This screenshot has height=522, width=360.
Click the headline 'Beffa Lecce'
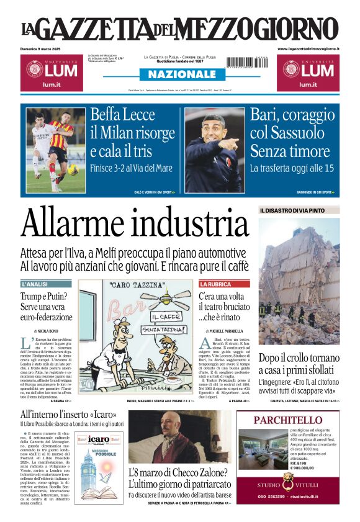[121, 115]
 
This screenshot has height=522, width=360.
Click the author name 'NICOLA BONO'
[44, 332]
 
